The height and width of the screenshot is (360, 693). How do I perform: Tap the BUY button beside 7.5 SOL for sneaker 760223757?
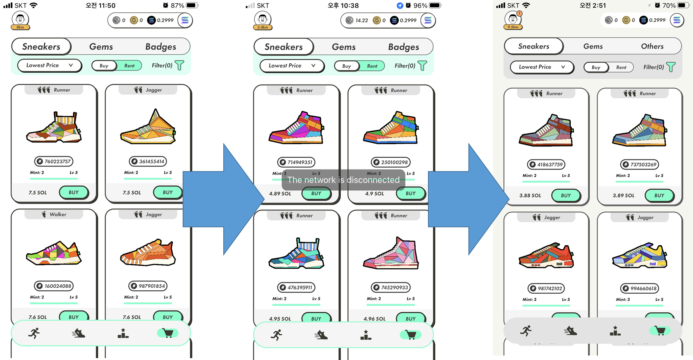click(x=73, y=192)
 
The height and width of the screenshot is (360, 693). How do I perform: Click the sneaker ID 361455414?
click(x=148, y=161)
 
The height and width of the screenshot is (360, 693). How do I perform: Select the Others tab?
click(x=652, y=46)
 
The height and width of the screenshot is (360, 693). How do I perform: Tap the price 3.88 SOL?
click(x=530, y=195)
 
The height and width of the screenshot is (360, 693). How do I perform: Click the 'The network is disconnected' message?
click(x=343, y=180)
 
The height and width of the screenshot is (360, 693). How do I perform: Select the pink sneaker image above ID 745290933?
click(x=391, y=253)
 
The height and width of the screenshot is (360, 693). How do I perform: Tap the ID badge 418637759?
click(x=546, y=164)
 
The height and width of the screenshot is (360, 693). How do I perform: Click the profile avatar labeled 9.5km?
click(x=513, y=19)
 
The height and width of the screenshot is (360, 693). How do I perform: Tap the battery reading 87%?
click(x=177, y=6)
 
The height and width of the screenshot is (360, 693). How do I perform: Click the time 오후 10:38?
click(x=343, y=6)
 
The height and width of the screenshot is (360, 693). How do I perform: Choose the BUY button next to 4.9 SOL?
click(x=410, y=193)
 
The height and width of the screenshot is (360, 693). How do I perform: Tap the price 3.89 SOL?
click(x=623, y=195)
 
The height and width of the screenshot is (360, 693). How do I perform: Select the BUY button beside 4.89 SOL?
click(x=316, y=193)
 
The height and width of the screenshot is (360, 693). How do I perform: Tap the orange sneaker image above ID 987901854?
click(x=148, y=253)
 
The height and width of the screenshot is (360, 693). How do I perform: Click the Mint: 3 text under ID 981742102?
click(x=529, y=299)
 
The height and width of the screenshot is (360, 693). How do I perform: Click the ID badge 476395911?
click(x=296, y=287)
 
